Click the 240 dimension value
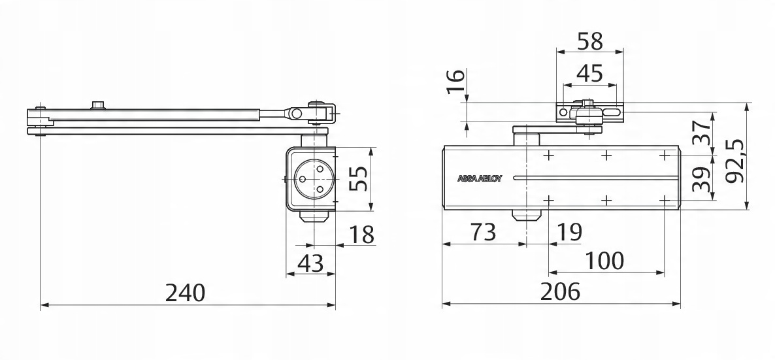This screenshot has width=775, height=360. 185,292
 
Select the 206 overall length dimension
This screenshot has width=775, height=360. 560,292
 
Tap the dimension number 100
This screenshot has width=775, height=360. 604,261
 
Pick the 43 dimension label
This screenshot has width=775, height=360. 310,263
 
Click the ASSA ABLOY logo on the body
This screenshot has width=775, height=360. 479,177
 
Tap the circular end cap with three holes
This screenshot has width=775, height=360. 312,178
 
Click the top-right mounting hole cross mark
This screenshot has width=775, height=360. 665,155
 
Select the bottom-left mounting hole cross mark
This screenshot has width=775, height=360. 548,199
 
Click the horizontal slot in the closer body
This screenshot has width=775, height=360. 588,177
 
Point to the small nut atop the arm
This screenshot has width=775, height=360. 99,105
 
